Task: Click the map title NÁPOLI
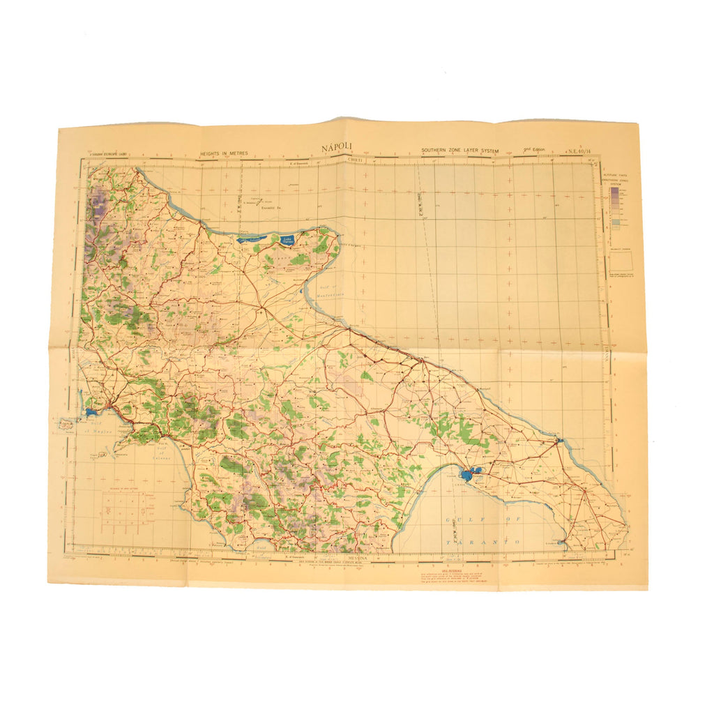click(x=337, y=148)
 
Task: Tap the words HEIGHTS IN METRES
click(x=223, y=153)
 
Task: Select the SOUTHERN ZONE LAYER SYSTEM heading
click(x=464, y=151)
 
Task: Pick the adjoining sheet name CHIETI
click(x=357, y=159)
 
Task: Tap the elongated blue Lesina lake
click(x=251, y=238)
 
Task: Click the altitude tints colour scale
click(x=614, y=206)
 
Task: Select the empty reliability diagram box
click(x=621, y=261)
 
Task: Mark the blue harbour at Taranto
click(x=468, y=476)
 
